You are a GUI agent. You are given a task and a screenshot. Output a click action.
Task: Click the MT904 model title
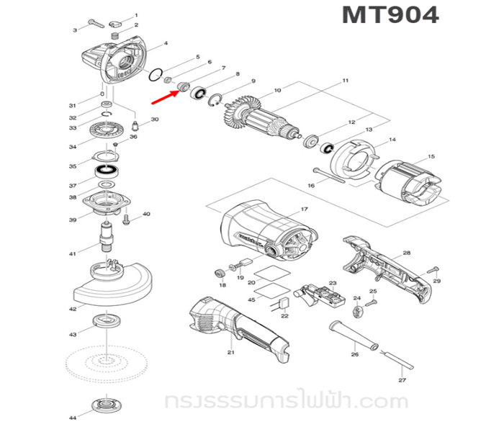point(390,16)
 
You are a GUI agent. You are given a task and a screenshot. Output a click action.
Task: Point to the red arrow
point(163,90)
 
